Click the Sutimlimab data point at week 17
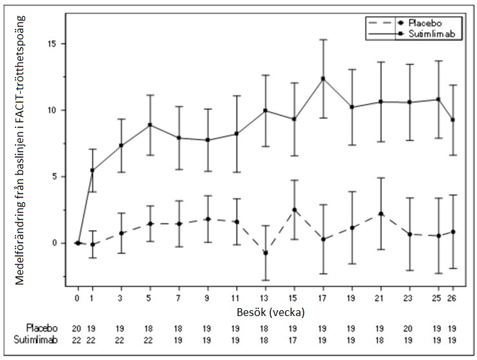323,78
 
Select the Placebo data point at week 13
265,253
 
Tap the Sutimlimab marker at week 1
92,171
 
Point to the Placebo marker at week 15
294,209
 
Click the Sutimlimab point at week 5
150,125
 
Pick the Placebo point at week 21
381,213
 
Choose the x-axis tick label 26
452,299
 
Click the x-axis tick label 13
265,299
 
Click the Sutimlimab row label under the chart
42,339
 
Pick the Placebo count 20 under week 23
409,328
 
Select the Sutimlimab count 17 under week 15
294,339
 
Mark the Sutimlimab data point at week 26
452,120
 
